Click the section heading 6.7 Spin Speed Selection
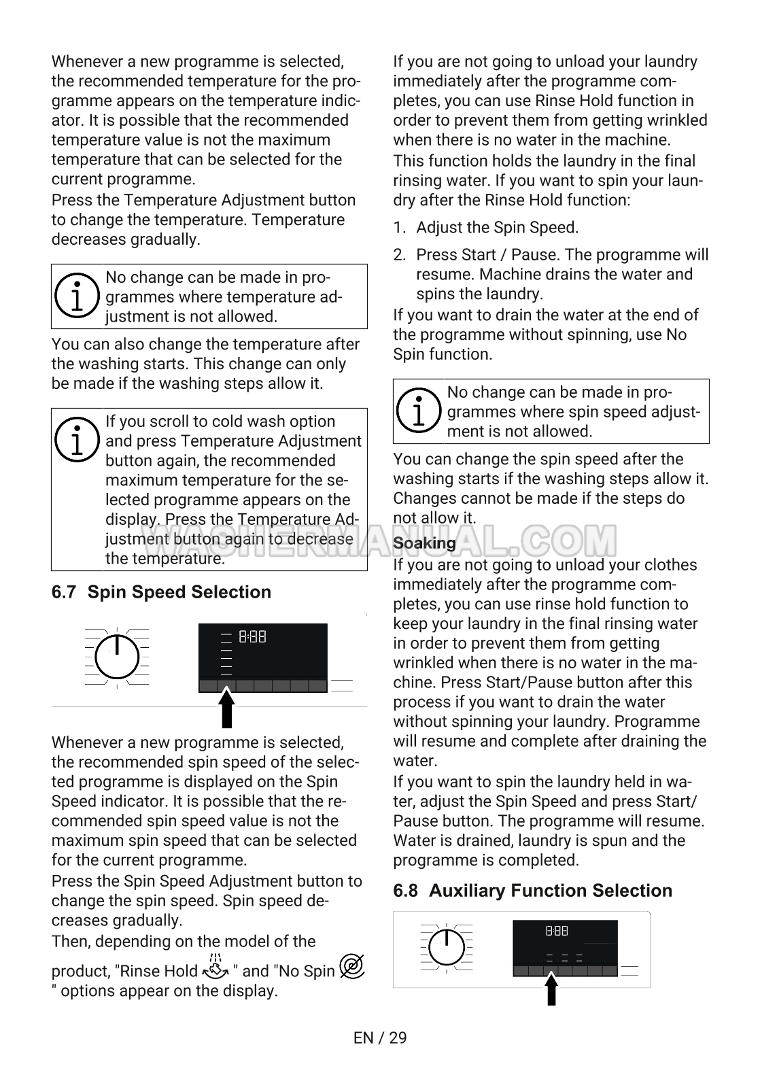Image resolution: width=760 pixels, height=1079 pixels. coord(161,592)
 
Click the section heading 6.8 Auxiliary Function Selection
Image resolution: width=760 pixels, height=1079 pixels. coord(532,891)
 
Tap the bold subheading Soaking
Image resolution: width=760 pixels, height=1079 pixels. coord(424,543)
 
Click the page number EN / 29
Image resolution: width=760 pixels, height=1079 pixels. coord(380,1038)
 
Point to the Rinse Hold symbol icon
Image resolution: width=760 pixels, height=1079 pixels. coord(215,968)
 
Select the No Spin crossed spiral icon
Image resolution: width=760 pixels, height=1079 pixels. coord(352,967)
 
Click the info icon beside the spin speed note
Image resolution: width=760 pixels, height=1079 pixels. coord(419,411)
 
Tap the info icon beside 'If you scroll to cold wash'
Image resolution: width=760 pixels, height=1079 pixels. coord(77,439)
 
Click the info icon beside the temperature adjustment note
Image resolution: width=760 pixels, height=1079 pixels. coord(77,296)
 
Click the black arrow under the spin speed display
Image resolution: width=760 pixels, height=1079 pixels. coord(227,708)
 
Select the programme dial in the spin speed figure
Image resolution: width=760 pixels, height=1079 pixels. coord(117,657)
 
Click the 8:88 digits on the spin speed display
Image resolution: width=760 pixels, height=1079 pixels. coord(252,637)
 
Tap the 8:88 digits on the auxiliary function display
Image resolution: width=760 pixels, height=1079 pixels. coord(557,931)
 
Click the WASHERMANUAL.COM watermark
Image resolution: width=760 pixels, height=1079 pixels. coord(379,541)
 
